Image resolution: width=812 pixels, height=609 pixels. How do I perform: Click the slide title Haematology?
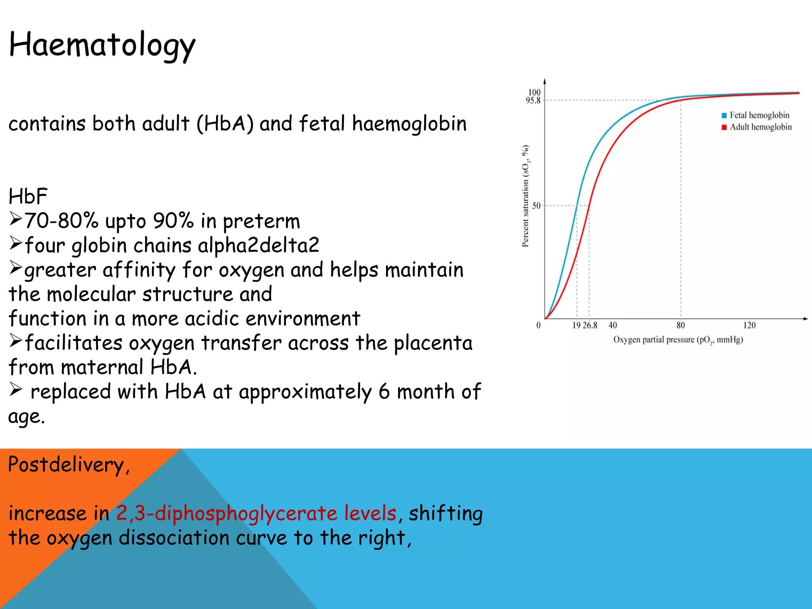(102, 45)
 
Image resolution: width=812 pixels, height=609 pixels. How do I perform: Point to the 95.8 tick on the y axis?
(533, 101)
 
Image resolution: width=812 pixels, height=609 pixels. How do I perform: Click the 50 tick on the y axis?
(536, 206)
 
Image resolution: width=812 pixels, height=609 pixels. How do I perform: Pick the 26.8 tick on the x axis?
(590, 326)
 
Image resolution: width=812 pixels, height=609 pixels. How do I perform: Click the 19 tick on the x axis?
(576, 326)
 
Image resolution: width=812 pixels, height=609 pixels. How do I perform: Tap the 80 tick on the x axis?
(680, 326)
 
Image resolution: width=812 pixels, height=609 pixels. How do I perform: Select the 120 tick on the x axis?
(749, 326)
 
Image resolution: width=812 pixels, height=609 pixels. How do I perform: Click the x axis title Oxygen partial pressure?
(678, 340)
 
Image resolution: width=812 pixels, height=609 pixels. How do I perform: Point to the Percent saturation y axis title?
(525, 196)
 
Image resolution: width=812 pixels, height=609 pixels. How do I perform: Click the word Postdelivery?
(66, 465)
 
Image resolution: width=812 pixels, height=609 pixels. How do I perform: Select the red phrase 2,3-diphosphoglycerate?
(226, 513)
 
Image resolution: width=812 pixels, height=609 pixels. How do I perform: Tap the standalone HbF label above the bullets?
(28, 196)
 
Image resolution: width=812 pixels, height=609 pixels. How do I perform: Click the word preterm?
(261, 221)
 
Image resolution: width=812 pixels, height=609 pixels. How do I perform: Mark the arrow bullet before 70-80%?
(15, 218)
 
